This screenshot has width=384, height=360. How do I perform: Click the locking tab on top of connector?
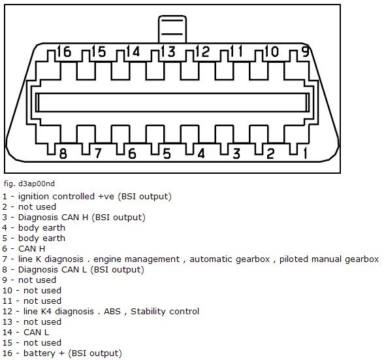[172, 29]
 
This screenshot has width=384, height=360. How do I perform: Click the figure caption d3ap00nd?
[29, 184]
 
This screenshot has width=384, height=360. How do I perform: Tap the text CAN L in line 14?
[37, 333]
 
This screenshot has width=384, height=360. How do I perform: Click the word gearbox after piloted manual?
[362, 259]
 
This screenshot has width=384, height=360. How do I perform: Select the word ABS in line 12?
[112, 312]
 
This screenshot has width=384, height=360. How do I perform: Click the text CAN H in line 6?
[31, 249]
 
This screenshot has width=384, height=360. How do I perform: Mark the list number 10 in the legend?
[7, 291]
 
